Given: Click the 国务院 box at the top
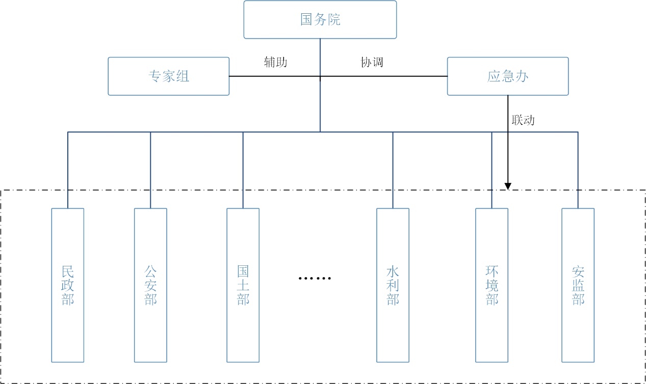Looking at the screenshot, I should click(320, 20).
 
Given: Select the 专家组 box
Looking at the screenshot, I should click(168, 76).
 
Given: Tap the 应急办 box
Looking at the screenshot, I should click(507, 76).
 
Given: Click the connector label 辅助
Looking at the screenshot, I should click(275, 62).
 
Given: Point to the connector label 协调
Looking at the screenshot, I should click(372, 62).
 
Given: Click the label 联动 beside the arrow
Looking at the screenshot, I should click(523, 120).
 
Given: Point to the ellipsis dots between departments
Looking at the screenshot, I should click(315, 278).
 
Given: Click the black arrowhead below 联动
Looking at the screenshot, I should click(508, 186).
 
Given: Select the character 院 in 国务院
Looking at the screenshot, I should click(334, 20).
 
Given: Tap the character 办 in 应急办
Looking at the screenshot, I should click(522, 76).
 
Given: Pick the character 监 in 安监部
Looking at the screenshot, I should click(578, 285).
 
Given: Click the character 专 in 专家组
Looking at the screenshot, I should click(154, 76).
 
